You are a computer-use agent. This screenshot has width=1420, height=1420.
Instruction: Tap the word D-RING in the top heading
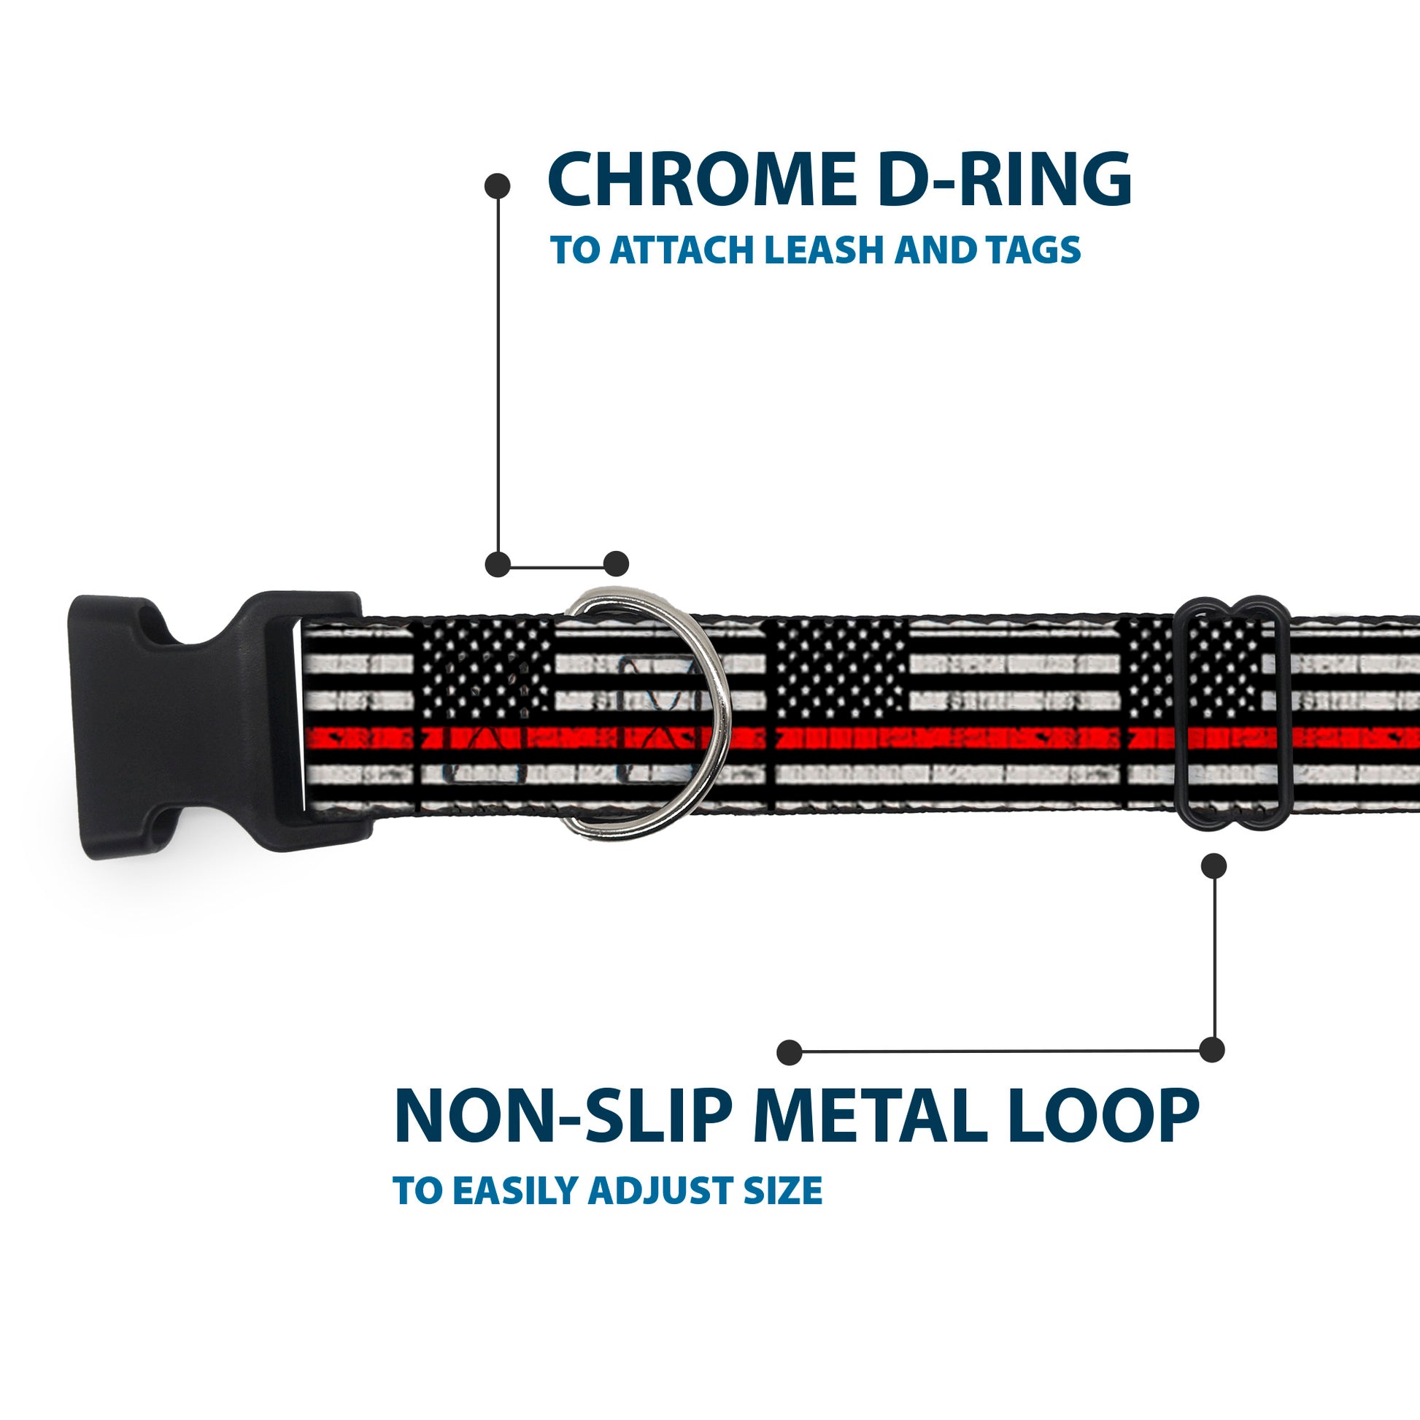[x=1004, y=180]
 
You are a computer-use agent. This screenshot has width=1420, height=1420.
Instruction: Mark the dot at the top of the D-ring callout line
[x=498, y=186]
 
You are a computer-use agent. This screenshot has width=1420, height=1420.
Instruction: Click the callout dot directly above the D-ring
[x=616, y=564]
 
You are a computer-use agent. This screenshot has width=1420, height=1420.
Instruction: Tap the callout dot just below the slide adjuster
[x=1213, y=866]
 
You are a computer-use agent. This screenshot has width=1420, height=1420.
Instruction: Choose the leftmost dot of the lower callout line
[x=789, y=1052]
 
